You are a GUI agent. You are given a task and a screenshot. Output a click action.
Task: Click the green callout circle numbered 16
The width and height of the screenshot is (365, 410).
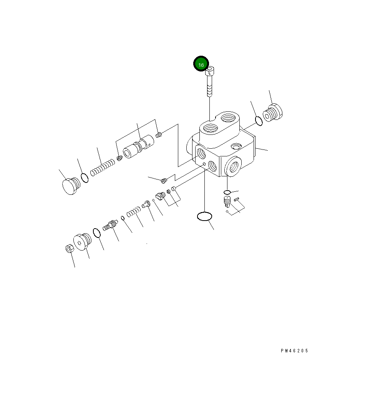(201, 63)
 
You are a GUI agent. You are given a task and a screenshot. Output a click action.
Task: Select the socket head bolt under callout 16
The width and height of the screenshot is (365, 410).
(210, 81)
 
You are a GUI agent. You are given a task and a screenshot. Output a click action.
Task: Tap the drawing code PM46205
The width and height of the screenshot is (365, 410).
(295, 351)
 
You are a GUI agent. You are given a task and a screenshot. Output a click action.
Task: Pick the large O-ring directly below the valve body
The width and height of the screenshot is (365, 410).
(204, 216)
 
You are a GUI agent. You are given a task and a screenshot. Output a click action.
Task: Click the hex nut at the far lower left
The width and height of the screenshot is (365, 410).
(69, 248)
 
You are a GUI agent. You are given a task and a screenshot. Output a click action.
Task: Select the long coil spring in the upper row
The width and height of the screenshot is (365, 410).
(103, 168)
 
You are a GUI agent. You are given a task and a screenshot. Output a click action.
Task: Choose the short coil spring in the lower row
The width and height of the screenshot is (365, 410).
(134, 212)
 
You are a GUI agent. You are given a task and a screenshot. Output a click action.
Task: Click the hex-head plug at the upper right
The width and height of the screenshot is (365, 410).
(273, 113)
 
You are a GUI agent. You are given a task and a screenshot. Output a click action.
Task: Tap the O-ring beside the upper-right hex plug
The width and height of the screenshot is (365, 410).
(259, 121)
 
